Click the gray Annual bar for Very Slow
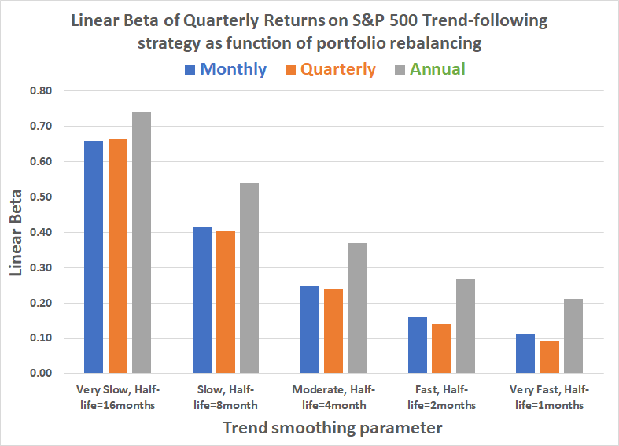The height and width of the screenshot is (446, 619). coord(142,243)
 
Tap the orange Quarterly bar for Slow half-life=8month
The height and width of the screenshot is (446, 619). coord(226,302)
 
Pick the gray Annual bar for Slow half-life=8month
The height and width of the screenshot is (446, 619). coord(249,278)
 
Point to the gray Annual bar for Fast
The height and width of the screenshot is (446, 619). coord(465,326)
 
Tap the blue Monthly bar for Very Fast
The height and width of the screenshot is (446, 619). coord(525,354)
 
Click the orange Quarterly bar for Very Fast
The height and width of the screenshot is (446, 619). coord(549,357)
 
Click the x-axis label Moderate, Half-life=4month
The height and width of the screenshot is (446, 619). coord(333,397)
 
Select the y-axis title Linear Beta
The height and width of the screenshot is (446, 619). coord(17,232)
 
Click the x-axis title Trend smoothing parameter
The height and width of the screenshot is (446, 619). coord(331,428)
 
